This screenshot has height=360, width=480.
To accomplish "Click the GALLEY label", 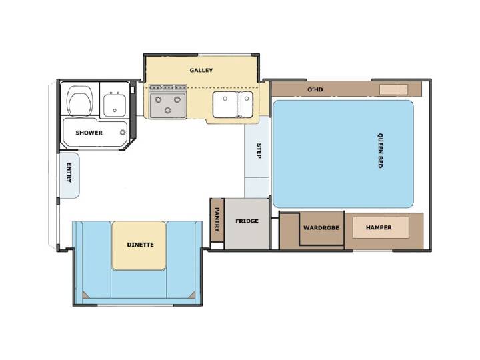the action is pos(201,70).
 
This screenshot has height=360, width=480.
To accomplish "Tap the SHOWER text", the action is pos(89,133).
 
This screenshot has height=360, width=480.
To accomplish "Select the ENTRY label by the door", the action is pos(69,173).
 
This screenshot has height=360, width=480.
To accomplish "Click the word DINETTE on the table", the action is pos(140,245).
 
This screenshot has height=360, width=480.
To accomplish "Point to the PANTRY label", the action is pos(217,219).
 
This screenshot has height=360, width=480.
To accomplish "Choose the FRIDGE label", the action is pos(247,221).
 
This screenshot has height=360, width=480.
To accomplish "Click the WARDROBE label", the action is pos(321,228).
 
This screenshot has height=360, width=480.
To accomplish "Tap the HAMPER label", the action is pos(379,227).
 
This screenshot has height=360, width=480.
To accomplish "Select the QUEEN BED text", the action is pos(380,150).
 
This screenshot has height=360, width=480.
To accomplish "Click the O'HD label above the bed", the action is pos(315,89).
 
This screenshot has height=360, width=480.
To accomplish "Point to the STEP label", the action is pos(259,151).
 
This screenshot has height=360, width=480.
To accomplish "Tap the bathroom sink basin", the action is pos(114,105).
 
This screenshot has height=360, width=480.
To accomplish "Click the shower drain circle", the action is pos(123,133).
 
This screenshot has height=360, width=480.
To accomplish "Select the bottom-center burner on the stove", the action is pos(167,110).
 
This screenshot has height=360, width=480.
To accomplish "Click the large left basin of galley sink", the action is pos(225,104).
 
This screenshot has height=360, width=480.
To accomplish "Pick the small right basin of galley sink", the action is pos(247,104).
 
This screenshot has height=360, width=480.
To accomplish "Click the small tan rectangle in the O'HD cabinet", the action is pos(394,90).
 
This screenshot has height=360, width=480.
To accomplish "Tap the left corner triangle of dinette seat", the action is pos(85,295).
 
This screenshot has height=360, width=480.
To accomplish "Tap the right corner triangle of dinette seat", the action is pos(191,295).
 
